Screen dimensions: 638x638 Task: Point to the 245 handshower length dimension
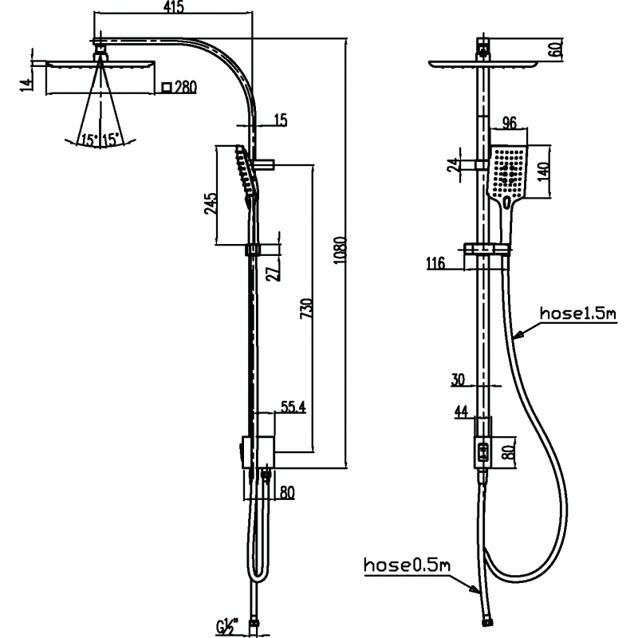[211, 204]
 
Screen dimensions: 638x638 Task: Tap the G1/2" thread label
[226, 624]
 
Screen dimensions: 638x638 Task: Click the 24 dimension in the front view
[452, 164]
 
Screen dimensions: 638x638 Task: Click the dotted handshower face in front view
[508, 171]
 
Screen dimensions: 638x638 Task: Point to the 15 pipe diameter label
[280, 120]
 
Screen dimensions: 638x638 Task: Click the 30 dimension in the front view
[458, 380]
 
